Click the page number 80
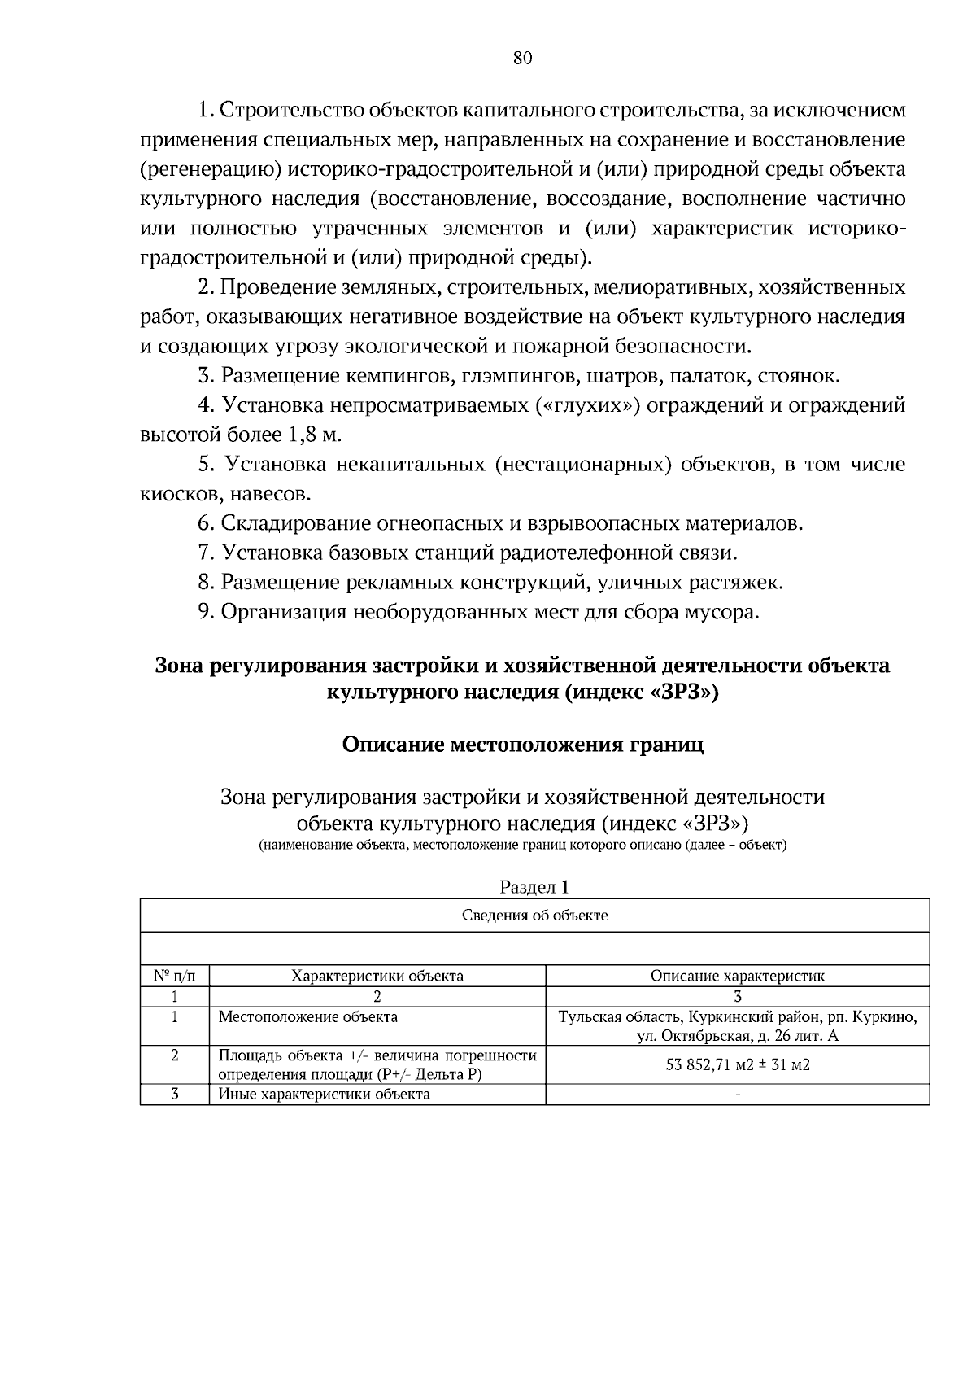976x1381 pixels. coord(522,58)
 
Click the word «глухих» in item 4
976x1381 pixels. coord(589,405)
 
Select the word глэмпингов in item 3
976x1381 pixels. coord(516,376)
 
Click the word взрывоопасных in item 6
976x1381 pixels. coord(588,523)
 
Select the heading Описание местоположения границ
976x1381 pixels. coord(522,745)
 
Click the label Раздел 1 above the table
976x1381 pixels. coord(534,887)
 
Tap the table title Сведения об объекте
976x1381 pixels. coord(534,916)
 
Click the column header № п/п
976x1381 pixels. coord(174,976)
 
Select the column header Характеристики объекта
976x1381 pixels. coord(377,976)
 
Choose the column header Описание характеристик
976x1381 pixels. coord(737,976)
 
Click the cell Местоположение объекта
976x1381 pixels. coord(308,1017)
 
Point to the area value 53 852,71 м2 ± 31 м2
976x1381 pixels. coord(737,1065)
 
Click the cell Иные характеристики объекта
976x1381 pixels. coord(324,1095)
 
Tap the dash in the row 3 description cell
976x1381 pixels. coord(737,1095)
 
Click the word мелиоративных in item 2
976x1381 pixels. coord(660,287)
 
